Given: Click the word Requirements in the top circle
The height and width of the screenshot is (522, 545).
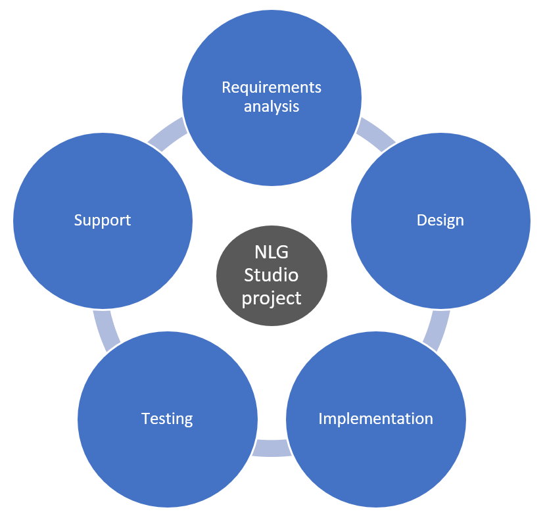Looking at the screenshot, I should click(272, 87).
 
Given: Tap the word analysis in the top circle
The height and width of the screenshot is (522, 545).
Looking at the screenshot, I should click(272, 106).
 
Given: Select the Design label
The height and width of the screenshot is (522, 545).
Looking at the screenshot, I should click(440, 220).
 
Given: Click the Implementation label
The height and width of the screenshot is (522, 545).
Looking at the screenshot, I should click(375, 419).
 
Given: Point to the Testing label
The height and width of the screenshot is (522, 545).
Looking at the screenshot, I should click(167, 419).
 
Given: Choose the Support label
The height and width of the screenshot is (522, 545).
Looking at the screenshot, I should click(103, 220).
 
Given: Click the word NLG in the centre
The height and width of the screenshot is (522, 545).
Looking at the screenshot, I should click(272, 252).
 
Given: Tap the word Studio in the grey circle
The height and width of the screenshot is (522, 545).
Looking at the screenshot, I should click(272, 274).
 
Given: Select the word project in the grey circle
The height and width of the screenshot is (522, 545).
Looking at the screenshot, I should click(272, 297).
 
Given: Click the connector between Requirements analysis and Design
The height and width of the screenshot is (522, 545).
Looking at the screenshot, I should click(375, 134).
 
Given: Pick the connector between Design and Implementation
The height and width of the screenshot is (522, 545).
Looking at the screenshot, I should click(436, 329).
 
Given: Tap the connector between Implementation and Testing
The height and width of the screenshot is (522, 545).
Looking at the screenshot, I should click(272, 448).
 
